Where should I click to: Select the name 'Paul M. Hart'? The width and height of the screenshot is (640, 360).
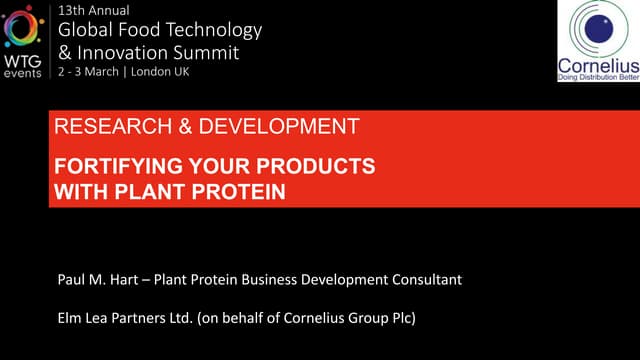pos(97,279)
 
